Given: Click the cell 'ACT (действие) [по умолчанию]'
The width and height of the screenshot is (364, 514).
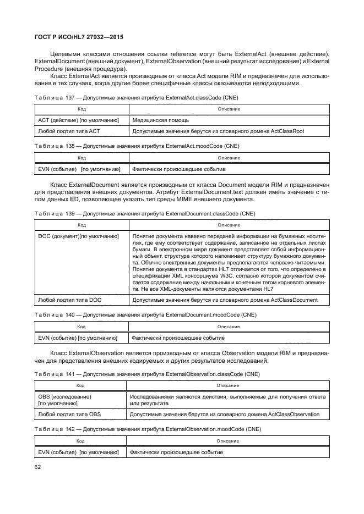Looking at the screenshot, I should [x=78, y=120].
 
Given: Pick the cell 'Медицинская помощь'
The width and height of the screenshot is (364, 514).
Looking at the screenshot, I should [x=161, y=120].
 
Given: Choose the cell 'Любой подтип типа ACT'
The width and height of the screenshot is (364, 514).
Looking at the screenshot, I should [x=68, y=131].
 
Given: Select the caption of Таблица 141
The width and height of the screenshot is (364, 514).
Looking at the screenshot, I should [x=146, y=374].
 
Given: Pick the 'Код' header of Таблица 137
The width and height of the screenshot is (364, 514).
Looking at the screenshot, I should [x=81, y=109].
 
